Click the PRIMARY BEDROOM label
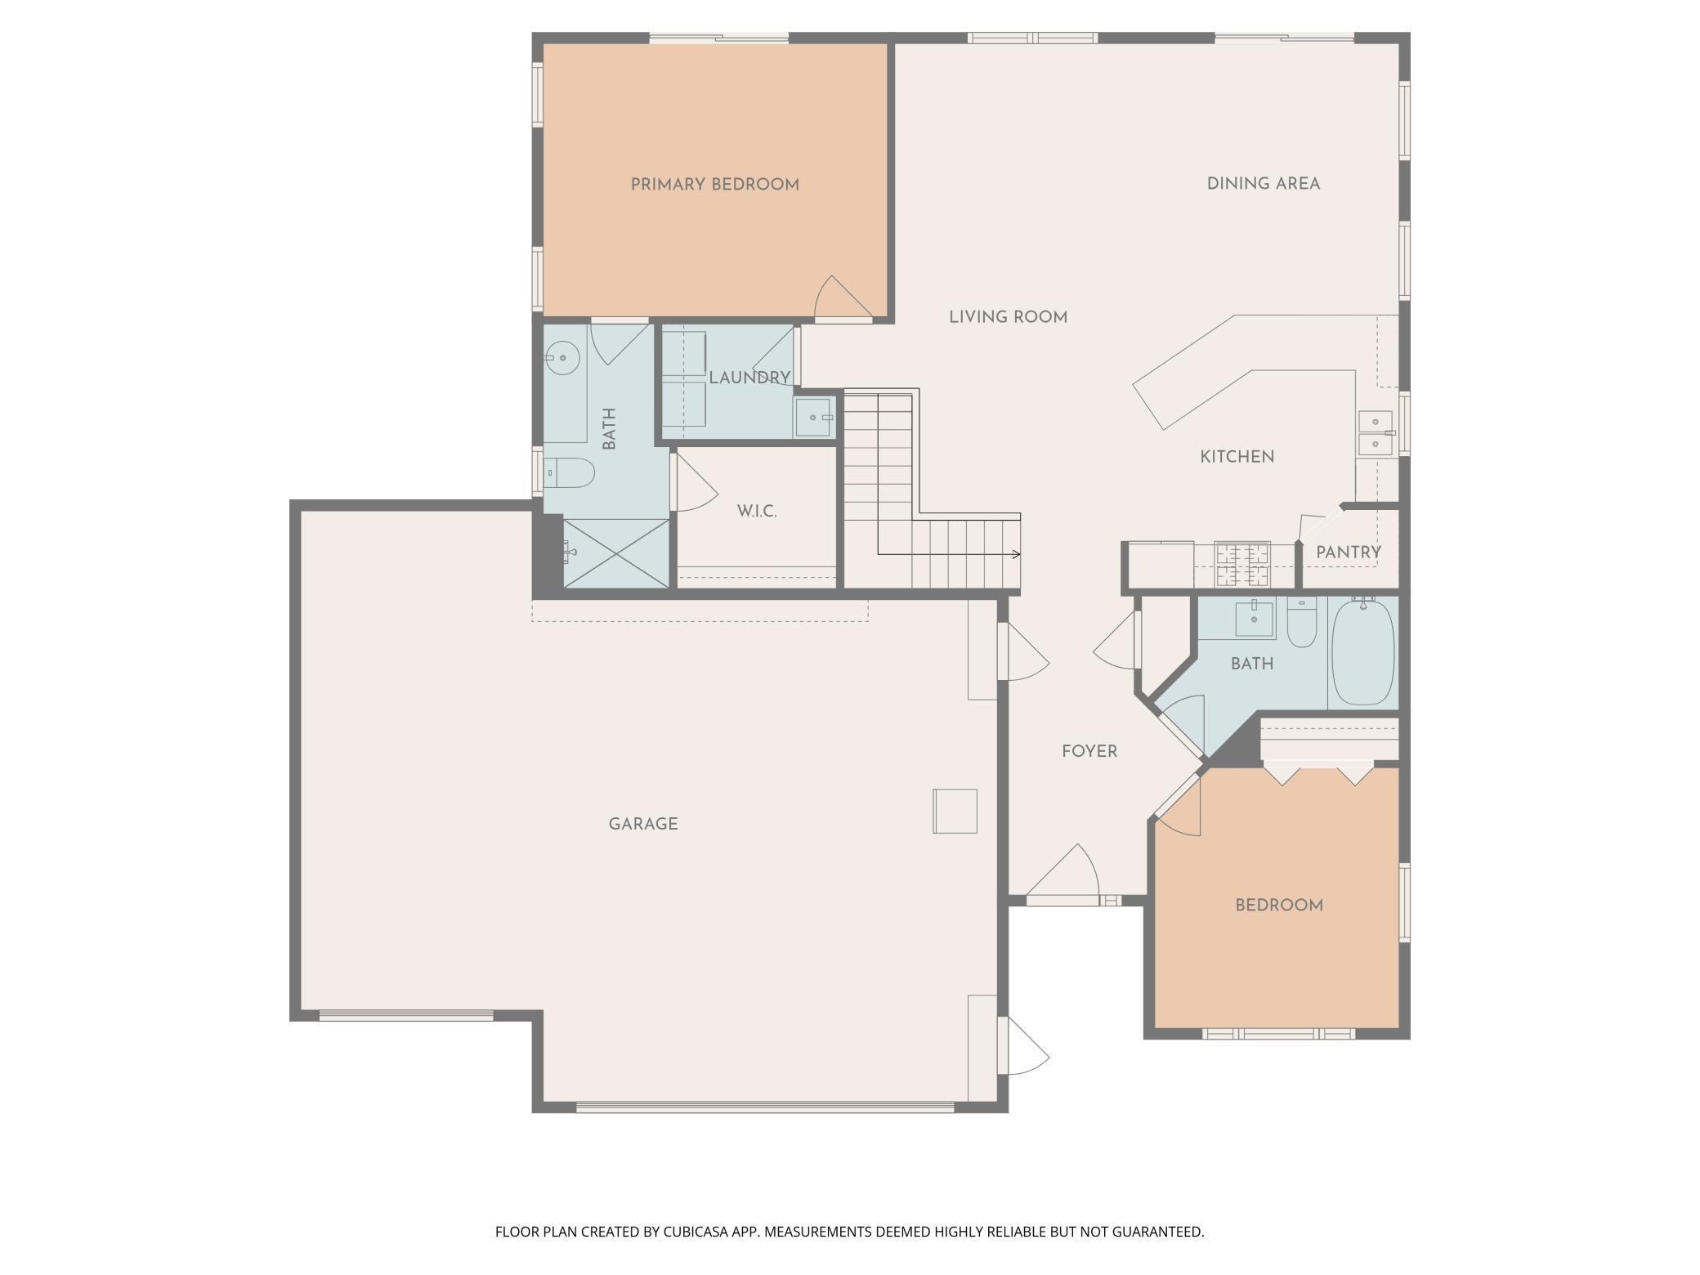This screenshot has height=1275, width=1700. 714,185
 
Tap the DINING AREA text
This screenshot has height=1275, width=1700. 1263,184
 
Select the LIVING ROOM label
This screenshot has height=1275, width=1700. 1008,317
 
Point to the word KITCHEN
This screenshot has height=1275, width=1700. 1237,457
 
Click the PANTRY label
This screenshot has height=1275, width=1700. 1348,552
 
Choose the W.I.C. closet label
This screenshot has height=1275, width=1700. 756,512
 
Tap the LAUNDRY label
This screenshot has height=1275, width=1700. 749,378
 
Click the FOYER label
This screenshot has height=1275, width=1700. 1089,751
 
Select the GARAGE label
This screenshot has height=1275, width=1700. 642,824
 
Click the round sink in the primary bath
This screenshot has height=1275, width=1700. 562,358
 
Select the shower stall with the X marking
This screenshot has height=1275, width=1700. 616,553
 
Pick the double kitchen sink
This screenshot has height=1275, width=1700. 1376,433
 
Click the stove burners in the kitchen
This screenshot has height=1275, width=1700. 1242,565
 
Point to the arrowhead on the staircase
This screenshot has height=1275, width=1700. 1016,555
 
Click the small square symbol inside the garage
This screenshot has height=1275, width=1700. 955,811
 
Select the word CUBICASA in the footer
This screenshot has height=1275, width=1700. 702,1232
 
